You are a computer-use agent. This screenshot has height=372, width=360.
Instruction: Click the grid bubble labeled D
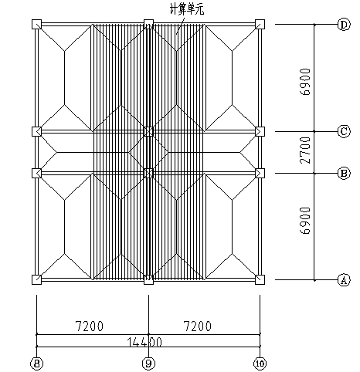pyautogui.click(x=344, y=25)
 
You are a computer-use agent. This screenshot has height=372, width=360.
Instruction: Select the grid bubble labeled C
pyautogui.click(x=344, y=131)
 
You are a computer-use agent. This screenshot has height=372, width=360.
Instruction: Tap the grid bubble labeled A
pyautogui.click(x=344, y=279)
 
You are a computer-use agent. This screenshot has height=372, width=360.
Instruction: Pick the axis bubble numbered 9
pyautogui.click(x=148, y=364)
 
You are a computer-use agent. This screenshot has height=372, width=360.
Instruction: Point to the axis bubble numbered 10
pyautogui.click(x=260, y=364)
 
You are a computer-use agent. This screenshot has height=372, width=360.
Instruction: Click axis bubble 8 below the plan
pyautogui.click(x=37, y=364)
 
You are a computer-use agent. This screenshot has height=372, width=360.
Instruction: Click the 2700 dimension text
pyautogui.click(x=305, y=150)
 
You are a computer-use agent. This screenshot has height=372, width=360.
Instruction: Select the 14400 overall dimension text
pyautogui.click(x=144, y=342)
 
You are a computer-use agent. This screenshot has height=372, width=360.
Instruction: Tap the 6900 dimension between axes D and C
pyautogui.click(x=305, y=82)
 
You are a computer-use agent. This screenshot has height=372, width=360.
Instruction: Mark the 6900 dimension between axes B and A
pyautogui.click(x=305, y=221)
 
